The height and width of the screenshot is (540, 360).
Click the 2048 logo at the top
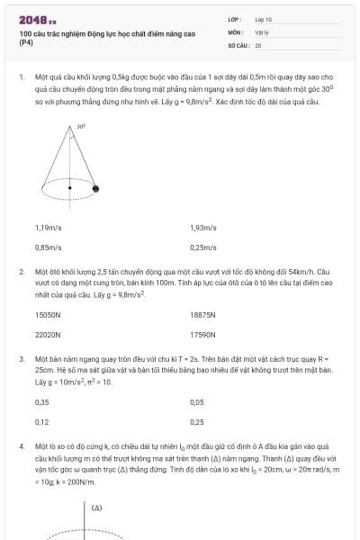37,19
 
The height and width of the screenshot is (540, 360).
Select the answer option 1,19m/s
48,229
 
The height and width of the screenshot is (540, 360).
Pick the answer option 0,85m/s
48,247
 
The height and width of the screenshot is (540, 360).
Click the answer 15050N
48,316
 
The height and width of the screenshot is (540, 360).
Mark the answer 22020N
48,334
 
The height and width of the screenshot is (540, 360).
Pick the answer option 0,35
41,403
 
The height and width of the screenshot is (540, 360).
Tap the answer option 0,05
197,403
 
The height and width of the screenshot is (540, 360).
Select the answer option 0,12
41,421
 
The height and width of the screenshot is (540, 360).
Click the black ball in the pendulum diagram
95,188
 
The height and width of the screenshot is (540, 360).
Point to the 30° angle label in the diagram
81,127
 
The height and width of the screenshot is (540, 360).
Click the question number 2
21,271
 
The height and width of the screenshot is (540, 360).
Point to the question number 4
21,445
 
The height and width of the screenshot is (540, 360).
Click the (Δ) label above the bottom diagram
96,508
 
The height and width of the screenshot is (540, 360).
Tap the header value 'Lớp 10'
264,18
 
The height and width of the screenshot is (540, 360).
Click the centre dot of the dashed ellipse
70,188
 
